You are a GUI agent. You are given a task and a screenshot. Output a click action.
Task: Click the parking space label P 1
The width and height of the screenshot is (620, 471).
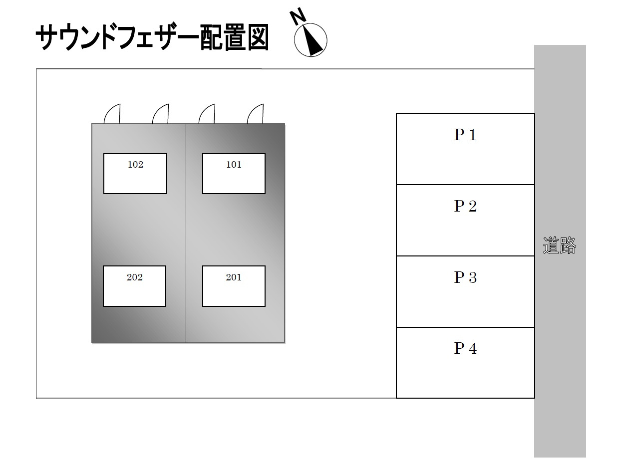pyautogui.click(x=465, y=135)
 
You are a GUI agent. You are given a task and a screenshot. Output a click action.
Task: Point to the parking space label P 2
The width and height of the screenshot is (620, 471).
pyautogui.click(x=465, y=206)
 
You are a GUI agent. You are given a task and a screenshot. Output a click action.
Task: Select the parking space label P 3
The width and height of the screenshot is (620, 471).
pyautogui.click(x=465, y=277)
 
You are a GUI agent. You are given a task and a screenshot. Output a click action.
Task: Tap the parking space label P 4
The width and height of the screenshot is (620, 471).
pyautogui.click(x=465, y=349)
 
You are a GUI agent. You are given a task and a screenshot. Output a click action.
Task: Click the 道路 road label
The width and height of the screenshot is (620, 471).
pyautogui.click(x=560, y=246)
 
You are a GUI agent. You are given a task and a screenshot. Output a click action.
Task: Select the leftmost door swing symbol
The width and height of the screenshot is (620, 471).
pyautogui.click(x=112, y=114)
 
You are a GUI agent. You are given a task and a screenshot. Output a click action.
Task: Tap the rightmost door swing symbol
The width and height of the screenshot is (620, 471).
pyautogui.click(x=256, y=114)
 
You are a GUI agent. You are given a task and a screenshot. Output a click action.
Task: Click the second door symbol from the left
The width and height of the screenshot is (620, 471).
pyautogui.click(x=161, y=114)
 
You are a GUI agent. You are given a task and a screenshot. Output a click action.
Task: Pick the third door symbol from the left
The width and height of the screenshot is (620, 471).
pyautogui.click(x=207, y=114)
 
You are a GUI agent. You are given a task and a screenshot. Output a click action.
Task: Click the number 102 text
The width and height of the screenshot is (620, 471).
pyautogui.click(x=135, y=165)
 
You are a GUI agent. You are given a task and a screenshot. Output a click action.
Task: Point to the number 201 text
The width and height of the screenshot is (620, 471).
pyautogui.click(x=234, y=277)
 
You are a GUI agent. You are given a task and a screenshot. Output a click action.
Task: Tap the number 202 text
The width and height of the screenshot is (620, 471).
pyautogui.click(x=134, y=277)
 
